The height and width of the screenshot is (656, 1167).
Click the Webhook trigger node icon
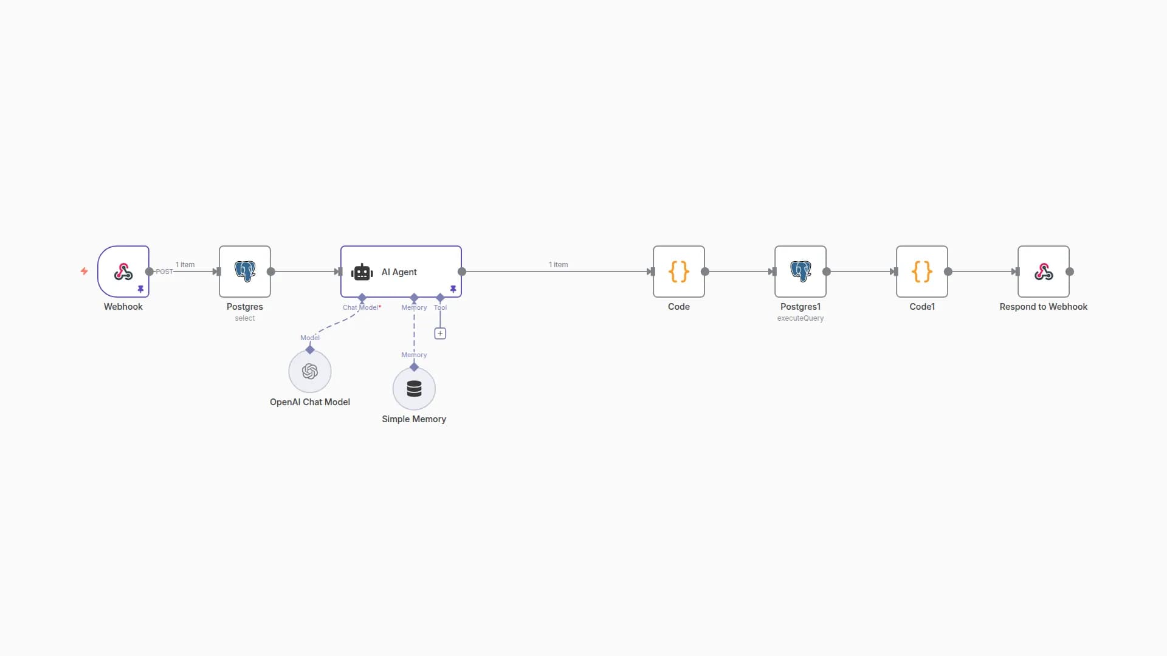[x=123, y=272]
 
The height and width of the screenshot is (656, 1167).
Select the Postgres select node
[x=245, y=272]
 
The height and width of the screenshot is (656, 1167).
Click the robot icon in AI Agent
[x=362, y=272]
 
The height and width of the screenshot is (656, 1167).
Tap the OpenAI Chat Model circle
[x=310, y=371]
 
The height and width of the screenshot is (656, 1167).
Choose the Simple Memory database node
[x=414, y=389]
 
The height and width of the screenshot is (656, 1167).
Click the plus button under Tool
[x=440, y=333]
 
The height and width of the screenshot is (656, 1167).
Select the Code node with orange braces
[x=679, y=272]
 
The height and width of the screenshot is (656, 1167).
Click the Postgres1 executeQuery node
[x=800, y=272]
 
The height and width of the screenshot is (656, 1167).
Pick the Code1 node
[x=922, y=272]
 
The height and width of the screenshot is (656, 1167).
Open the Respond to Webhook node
[x=1044, y=272]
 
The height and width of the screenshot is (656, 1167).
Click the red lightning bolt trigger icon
[x=84, y=271]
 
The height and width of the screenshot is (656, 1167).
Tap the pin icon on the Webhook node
[x=140, y=289]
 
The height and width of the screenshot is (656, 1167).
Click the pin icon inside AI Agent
[x=453, y=289]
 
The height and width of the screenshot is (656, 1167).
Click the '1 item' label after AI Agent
[x=558, y=265]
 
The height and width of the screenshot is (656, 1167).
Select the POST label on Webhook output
[x=164, y=272]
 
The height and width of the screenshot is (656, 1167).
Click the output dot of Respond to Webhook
[x=1070, y=272]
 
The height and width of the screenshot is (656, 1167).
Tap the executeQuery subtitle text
[x=800, y=318]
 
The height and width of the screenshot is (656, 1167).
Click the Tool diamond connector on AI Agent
[x=440, y=298]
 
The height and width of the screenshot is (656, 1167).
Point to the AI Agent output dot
[x=462, y=272]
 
